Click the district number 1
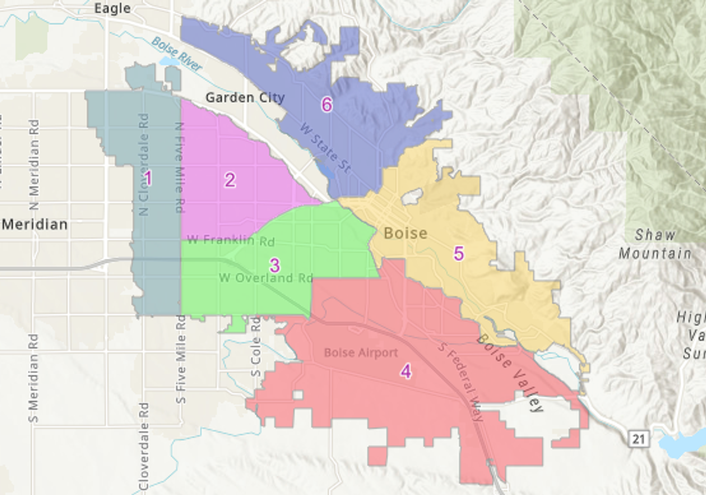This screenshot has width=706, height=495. [148, 178]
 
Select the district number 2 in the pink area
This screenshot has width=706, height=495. [230, 180]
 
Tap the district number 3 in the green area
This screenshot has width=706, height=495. [275, 265]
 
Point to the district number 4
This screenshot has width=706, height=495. [406, 372]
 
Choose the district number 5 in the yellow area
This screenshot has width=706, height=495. [459, 254]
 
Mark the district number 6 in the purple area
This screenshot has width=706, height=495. [327, 105]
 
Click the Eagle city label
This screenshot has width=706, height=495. [112, 8]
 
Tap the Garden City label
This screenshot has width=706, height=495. [245, 98]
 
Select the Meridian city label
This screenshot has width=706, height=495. [35, 224]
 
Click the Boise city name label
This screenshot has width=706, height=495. [406, 233]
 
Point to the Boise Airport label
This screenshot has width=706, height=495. [361, 353]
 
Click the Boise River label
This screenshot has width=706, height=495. [177, 54]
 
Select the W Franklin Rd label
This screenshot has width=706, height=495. [231, 241]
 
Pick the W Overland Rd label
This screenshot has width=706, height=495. [266, 278]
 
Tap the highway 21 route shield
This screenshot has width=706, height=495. [638, 439]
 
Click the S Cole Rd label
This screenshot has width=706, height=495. [256, 347]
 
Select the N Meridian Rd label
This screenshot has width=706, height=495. [34, 164]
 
